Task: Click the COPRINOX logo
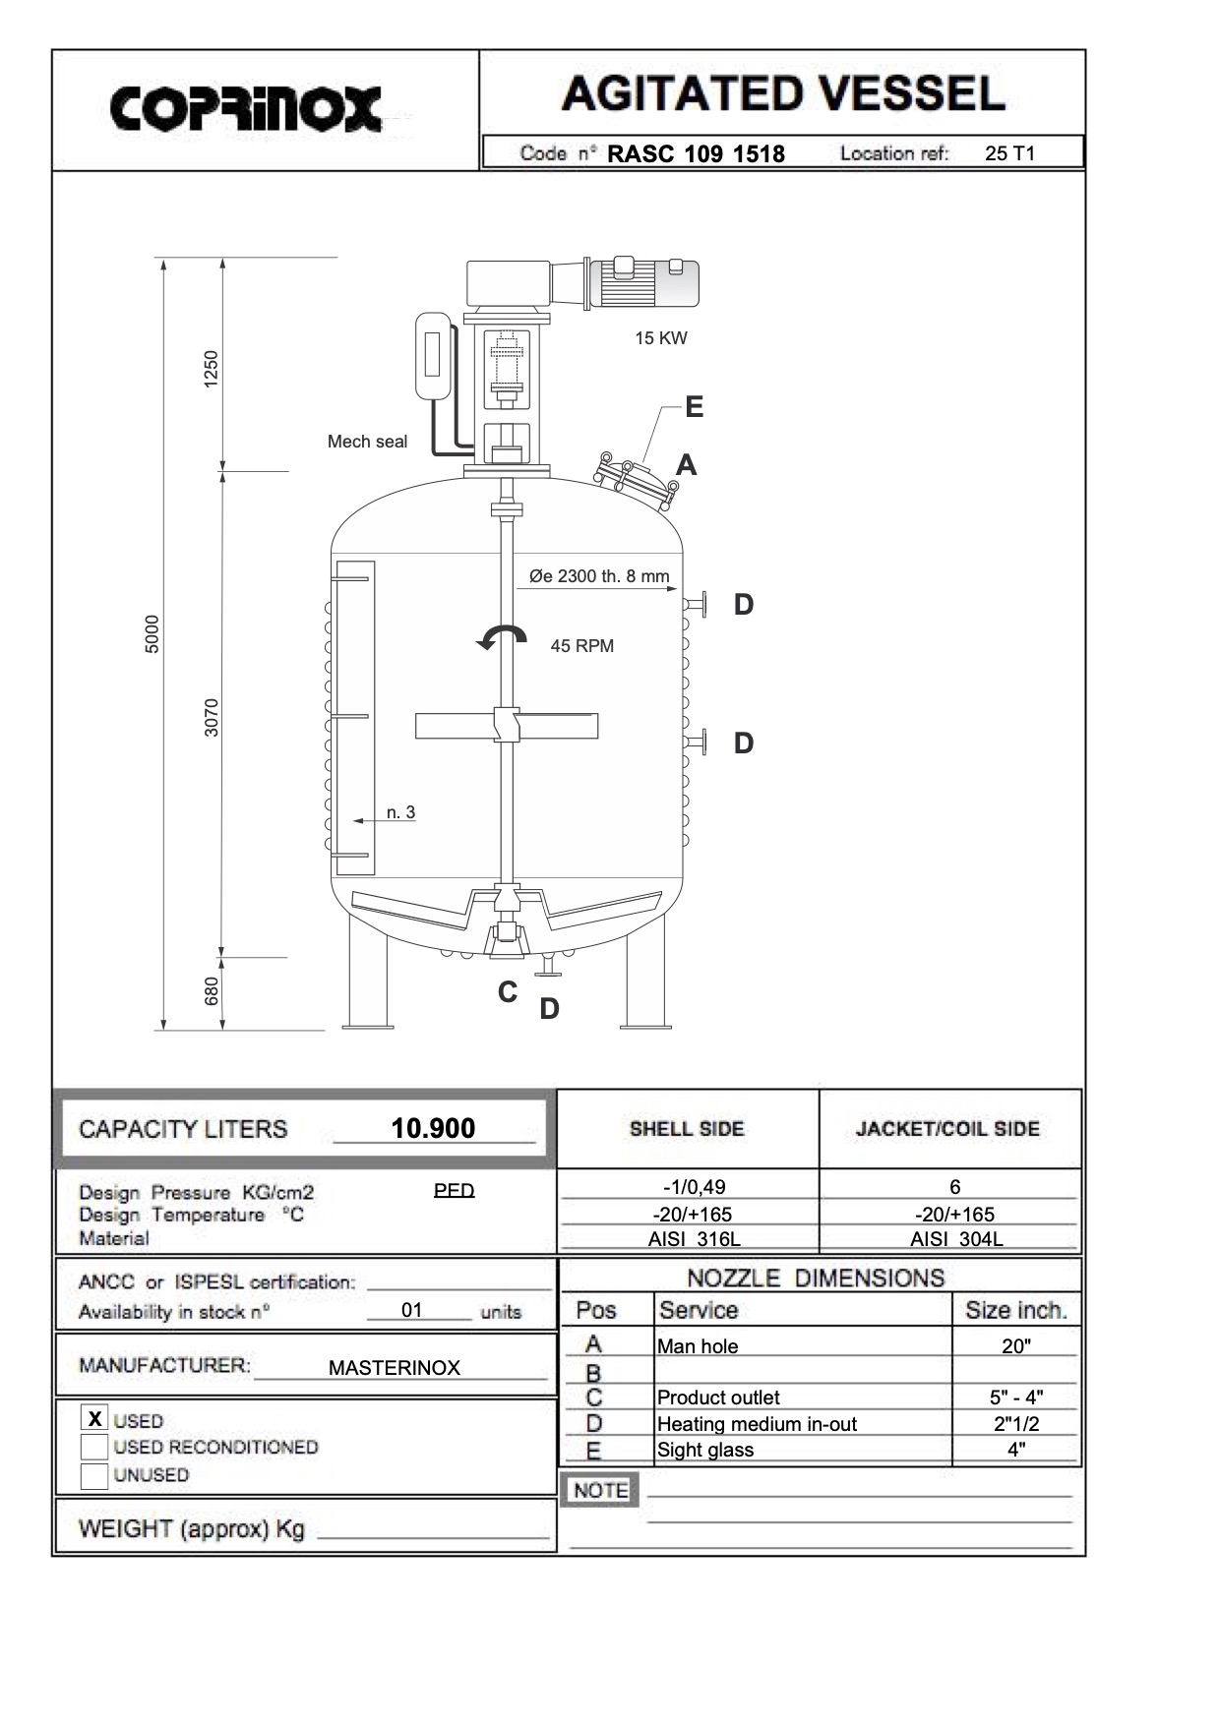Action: click(246, 108)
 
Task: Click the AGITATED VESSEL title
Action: click(783, 93)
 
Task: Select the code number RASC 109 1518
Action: click(696, 153)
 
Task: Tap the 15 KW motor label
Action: click(660, 338)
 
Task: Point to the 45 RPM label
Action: click(581, 646)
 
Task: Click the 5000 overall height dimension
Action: click(152, 634)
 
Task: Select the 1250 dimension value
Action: click(211, 369)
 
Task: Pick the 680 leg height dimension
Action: click(211, 989)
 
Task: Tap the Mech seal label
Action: click(367, 442)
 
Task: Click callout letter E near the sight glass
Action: click(694, 407)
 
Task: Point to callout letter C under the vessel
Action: click(508, 992)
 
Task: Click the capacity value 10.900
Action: click(433, 1128)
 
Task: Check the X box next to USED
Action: click(94, 1419)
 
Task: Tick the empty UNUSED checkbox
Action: click(94, 1475)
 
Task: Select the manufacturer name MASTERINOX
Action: click(394, 1368)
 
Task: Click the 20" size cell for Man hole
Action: click(1015, 1346)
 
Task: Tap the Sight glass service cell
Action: click(705, 1450)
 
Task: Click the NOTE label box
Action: click(600, 1490)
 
